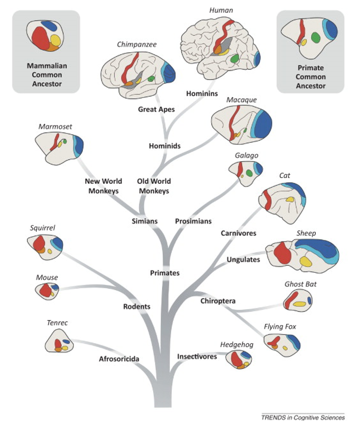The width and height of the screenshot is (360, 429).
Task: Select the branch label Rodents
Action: coord(137,306)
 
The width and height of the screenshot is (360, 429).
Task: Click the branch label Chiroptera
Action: coord(218,301)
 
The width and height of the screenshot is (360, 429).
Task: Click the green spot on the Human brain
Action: coord(234,59)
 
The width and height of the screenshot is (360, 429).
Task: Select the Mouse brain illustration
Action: coord(47,290)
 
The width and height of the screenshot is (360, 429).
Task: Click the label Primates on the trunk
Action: coord(165,273)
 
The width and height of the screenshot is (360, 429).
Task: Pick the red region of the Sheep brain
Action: coord(283,253)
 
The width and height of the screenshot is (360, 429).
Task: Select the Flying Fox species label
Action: coord(280,327)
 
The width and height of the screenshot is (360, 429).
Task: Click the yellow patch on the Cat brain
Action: coord(289,200)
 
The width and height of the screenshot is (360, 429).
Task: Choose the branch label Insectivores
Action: coord(197,357)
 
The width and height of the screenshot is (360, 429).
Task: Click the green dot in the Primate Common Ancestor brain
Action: coord(315,37)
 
